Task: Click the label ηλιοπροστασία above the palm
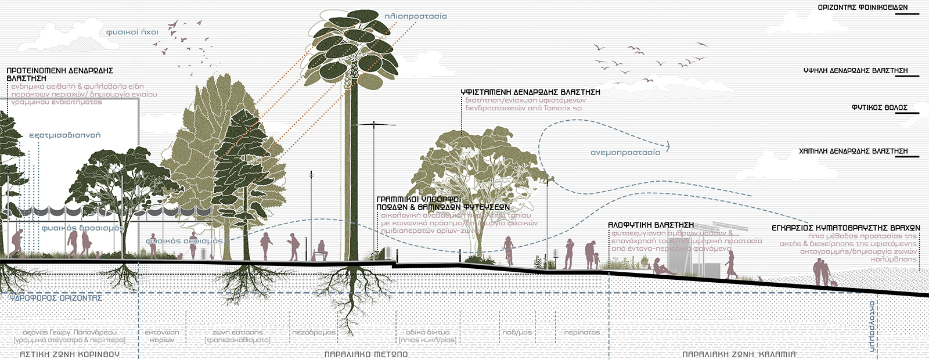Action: (416, 16)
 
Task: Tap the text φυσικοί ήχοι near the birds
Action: (132, 32)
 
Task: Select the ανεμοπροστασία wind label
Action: (625, 153)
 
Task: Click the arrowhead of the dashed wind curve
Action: (668, 146)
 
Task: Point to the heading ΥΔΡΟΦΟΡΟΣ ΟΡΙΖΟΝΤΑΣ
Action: (56, 298)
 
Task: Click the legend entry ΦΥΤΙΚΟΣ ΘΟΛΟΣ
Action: (879, 108)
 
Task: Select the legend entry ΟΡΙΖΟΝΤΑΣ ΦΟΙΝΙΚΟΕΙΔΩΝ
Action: (862, 8)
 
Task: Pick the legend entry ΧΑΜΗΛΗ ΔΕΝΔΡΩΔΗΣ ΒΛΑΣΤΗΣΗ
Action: (853, 151)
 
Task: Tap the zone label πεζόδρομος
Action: (314, 333)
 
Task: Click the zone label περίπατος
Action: (582, 333)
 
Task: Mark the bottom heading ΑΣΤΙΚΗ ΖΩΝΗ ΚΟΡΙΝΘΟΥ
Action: (70, 354)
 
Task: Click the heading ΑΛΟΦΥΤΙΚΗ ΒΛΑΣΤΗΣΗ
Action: (650, 225)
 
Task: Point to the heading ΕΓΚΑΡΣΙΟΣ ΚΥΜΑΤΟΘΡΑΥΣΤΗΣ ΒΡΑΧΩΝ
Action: (845, 228)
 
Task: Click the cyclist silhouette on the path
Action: (509, 250)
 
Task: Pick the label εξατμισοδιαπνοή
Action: (64, 135)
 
